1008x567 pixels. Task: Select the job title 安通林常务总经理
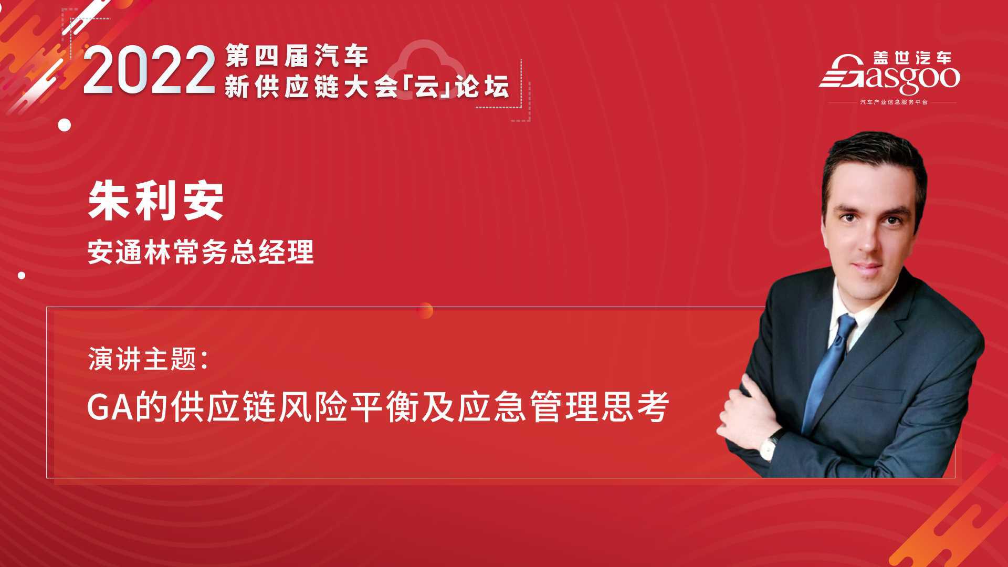point(201,251)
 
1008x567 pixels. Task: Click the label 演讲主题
point(142,360)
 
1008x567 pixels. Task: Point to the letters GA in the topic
point(110,408)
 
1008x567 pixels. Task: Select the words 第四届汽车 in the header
point(297,56)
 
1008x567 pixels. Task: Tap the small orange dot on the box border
point(425,310)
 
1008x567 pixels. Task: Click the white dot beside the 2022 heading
point(65,125)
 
